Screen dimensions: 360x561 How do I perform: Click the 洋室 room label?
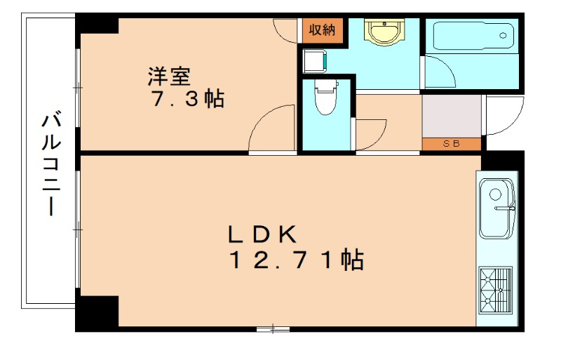169,75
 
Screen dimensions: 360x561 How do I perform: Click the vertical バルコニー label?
51,163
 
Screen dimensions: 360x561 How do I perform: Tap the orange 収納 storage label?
323,29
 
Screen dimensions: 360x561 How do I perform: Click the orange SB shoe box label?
451,145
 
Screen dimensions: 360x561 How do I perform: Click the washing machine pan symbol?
313,60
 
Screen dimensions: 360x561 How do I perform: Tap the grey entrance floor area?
451,116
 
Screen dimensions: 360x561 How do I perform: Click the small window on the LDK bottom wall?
273,328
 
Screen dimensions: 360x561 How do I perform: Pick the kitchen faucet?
506,208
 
